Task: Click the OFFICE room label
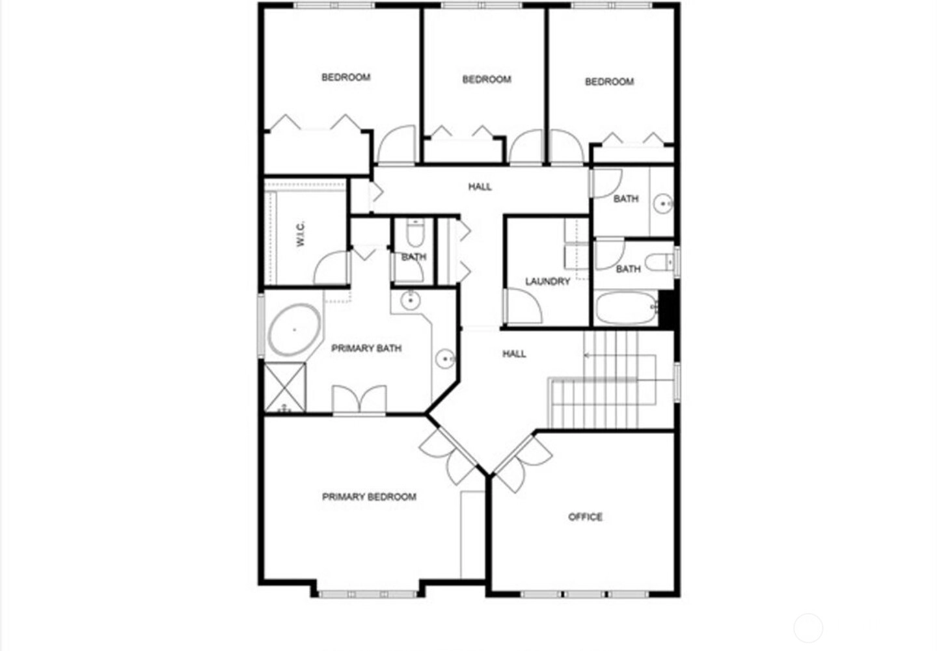pos(585,517)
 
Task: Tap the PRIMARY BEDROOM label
pos(369,497)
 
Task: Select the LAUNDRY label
pos(548,282)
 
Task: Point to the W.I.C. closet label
pos(301,233)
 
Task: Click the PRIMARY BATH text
pos(366,349)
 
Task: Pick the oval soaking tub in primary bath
pos(294,330)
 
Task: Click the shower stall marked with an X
pos(285,387)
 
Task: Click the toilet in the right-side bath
pos(659,262)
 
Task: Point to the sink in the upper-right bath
pos(663,204)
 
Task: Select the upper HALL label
pos(480,187)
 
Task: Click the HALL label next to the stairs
pos(514,354)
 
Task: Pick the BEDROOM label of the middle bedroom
pos(487,79)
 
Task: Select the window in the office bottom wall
pos(585,594)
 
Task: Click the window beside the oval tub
pos(261,325)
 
